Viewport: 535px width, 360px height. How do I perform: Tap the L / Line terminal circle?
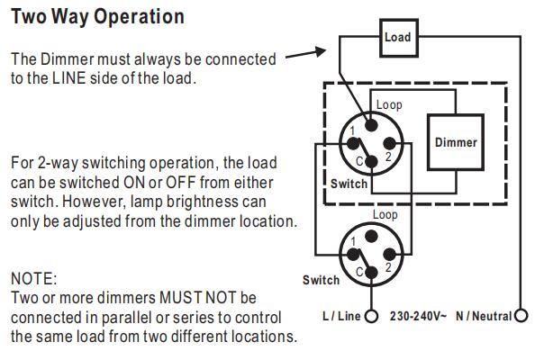pos(371,316)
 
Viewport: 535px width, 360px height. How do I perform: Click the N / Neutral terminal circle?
pos(521,316)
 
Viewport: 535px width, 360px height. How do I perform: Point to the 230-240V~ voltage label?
pos(418,316)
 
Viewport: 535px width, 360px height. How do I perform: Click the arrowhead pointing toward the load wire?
pos(321,51)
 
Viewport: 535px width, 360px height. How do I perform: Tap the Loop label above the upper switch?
pos(389,104)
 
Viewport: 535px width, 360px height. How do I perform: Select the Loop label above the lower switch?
pos(385,215)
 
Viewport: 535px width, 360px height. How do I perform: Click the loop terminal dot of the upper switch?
pos(371,125)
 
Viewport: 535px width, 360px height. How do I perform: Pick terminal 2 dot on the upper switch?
pos(389,143)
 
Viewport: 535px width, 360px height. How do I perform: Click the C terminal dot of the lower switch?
pos(371,273)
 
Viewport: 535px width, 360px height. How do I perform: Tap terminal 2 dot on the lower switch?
pos(389,255)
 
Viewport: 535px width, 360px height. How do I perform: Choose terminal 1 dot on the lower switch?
pos(353,255)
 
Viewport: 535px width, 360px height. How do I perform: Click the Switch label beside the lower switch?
pos(321,280)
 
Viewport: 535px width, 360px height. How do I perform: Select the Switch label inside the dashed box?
pos(349,184)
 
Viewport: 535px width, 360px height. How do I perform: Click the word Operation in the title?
pos(140,17)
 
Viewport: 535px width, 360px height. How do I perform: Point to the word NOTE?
pos(34,278)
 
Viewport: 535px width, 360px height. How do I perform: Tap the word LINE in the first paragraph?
pos(69,78)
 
